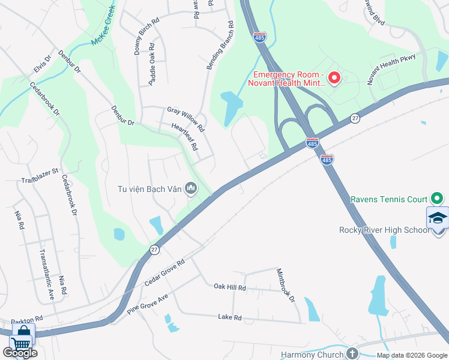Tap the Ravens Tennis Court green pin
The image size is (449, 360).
pos(438,199)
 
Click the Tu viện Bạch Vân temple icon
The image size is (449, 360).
pos(191,190)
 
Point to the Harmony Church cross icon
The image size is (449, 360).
pos(352,353)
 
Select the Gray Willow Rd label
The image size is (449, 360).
pos(185,119)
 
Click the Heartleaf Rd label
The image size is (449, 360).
pos(184,137)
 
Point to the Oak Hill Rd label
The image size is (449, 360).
pos(230,287)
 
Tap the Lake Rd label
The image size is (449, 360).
pos(229,317)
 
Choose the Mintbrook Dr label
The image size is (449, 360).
pos(286,286)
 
